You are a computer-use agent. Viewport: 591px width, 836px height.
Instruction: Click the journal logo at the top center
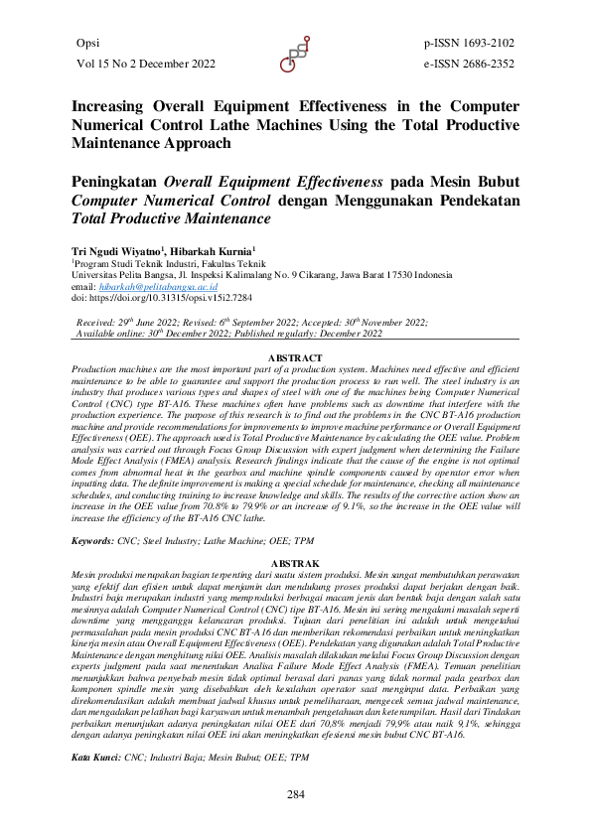(296, 55)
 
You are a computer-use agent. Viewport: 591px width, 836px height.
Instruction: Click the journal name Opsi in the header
(88, 44)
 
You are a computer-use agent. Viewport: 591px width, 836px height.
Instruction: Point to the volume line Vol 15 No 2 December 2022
(145, 64)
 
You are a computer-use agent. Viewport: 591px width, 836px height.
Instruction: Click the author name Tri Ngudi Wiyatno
(117, 252)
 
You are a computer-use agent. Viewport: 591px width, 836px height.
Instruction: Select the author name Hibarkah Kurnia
(215, 252)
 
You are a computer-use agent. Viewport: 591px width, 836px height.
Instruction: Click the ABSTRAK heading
(296, 564)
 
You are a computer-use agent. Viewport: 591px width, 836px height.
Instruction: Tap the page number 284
(296, 793)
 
